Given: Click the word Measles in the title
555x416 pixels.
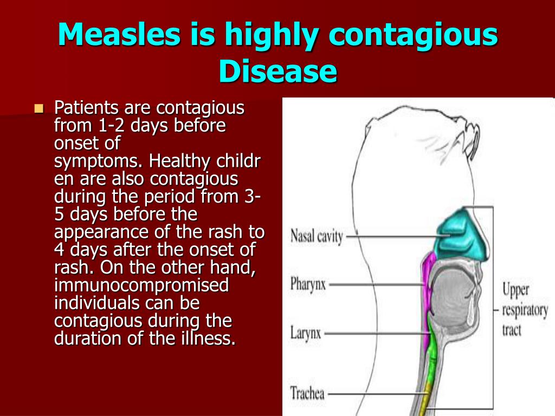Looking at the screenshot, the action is (119, 34).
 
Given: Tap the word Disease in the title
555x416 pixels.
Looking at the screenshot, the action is (278, 71).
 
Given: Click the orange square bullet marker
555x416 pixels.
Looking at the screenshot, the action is (39, 108).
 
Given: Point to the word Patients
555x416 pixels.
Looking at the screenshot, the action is (86, 108).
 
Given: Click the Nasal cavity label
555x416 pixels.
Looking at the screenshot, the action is (317, 237).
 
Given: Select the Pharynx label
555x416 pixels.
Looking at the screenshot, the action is (308, 284).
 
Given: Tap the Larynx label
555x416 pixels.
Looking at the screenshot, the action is (306, 333).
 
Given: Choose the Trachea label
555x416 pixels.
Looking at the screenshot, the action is (307, 393).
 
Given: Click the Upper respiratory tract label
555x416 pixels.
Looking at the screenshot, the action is (525, 309).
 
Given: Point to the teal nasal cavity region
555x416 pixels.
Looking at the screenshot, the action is (462, 235).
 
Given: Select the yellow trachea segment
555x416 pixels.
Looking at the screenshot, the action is (427, 398).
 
